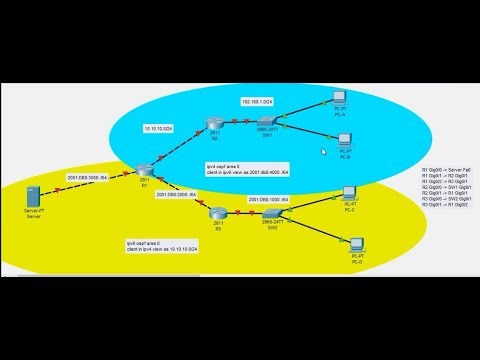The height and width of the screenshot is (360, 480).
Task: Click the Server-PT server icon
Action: [39, 205]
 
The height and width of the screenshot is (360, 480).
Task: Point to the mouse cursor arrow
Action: [325, 153]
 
